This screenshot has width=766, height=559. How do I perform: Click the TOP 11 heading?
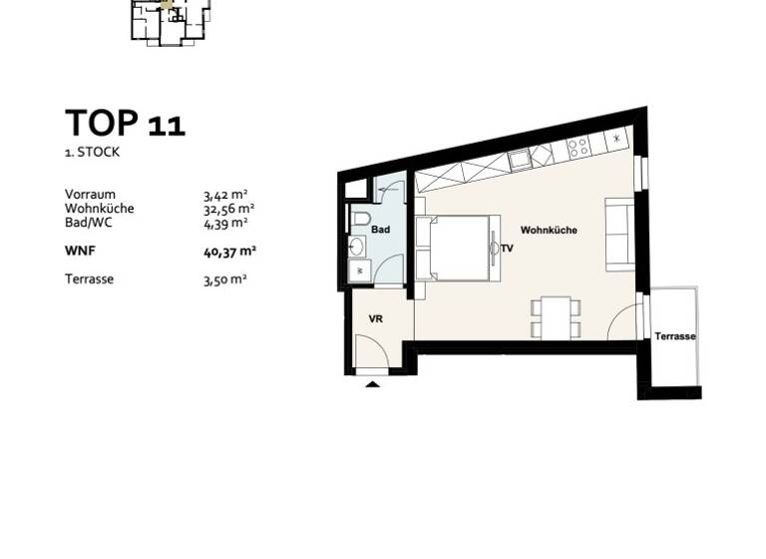(125, 124)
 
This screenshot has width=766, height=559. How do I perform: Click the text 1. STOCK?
(94, 153)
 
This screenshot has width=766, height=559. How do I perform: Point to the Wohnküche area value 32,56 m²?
(228, 209)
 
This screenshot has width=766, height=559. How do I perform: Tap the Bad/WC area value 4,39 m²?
(224, 223)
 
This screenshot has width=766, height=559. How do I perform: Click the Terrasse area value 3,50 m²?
(224, 279)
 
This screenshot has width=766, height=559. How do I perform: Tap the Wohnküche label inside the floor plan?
(549, 231)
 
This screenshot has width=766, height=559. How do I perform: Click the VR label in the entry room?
(376, 318)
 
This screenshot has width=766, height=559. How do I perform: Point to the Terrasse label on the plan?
(675, 337)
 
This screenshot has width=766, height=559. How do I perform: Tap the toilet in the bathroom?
(361, 219)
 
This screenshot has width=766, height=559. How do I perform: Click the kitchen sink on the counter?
(520, 159)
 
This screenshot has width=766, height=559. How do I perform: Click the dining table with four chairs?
(551, 316)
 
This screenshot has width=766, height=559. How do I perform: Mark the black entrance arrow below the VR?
(373, 384)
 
